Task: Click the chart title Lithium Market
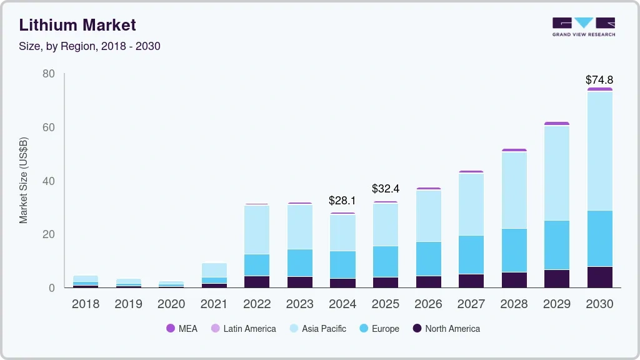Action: [77, 26]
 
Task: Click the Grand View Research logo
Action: [583, 27]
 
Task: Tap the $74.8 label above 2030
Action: [599, 80]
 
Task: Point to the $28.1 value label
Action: [342, 201]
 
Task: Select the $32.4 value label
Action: [386, 188]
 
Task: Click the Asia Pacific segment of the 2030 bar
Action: [599, 151]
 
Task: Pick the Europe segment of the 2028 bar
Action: [514, 250]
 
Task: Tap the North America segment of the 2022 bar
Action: [257, 281]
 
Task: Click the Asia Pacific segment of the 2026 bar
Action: [428, 216]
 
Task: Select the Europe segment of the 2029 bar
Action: [556, 245]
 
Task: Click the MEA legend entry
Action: [182, 329]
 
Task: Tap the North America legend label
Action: [452, 329]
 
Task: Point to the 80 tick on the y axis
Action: [48, 74]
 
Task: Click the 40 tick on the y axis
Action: [48, 181]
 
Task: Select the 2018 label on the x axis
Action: [85, 304]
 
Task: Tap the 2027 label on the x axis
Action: [471, 304]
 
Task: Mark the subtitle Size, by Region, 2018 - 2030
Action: [89, 46]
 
